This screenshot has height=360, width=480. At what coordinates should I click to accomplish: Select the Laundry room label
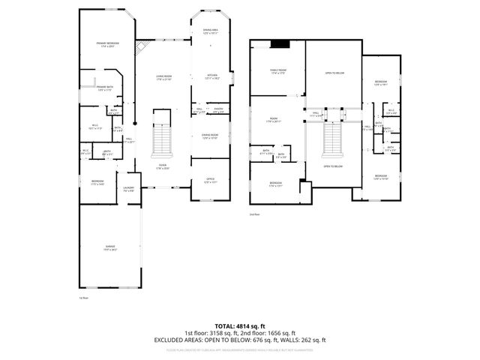pos(129,189)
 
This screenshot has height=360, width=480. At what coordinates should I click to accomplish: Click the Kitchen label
pos(211,76)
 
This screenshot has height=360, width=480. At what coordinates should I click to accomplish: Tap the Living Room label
pos(163,77)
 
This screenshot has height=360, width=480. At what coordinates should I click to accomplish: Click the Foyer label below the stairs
pos(163,166)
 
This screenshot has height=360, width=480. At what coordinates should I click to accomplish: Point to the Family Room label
pos(278,72)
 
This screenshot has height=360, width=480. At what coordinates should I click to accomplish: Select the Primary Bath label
pos(105,88)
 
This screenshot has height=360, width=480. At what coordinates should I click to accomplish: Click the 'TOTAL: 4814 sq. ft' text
pos(240,326)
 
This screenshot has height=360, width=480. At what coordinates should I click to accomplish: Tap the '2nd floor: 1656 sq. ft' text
pos(268,332)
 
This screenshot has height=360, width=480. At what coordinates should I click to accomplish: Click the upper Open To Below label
pos(334,73)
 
